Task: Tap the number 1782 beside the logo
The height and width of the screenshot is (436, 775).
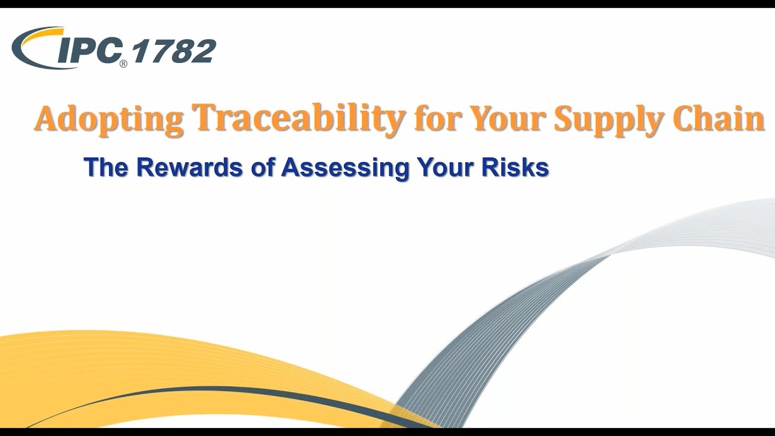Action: point(173,51)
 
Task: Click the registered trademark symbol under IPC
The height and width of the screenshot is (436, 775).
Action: point(123,63)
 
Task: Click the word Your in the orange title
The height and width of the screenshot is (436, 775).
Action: point(507,119)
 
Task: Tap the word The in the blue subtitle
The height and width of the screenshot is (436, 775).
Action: point(107,168)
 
